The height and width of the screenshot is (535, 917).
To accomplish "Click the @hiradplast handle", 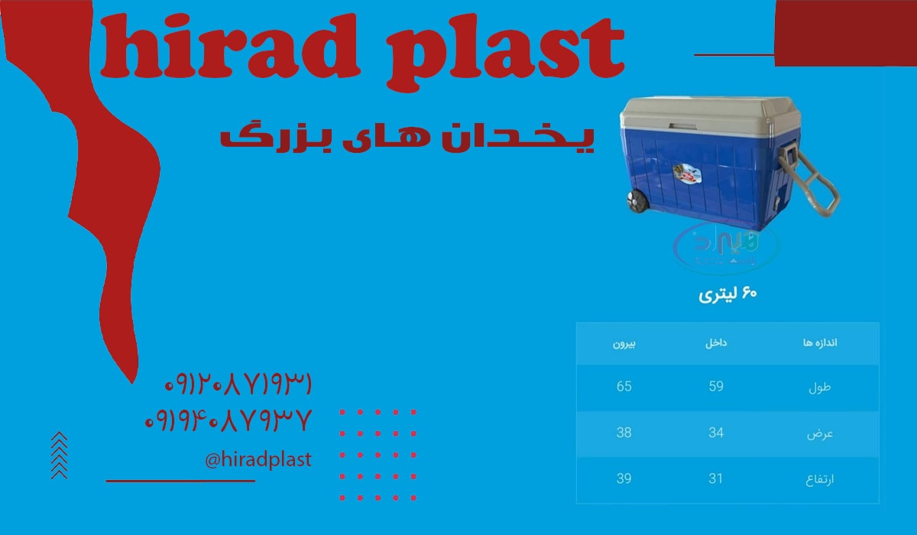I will [258, 459].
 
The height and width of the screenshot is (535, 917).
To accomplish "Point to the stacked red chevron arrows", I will [59, 456].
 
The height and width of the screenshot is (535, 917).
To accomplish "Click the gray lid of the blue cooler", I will [692, 117].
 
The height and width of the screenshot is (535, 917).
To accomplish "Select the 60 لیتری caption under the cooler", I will [727, 295].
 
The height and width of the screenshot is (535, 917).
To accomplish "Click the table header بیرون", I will [624, 343].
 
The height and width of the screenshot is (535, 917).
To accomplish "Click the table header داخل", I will [716, 343].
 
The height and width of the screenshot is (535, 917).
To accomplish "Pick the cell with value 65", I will [624, 386].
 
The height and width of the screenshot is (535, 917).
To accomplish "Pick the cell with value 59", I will [716, 386].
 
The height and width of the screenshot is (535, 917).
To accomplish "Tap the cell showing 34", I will [716, 433].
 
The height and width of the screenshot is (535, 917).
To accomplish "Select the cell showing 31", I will [716, 478].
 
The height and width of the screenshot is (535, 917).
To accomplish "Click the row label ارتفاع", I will [820, 479].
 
